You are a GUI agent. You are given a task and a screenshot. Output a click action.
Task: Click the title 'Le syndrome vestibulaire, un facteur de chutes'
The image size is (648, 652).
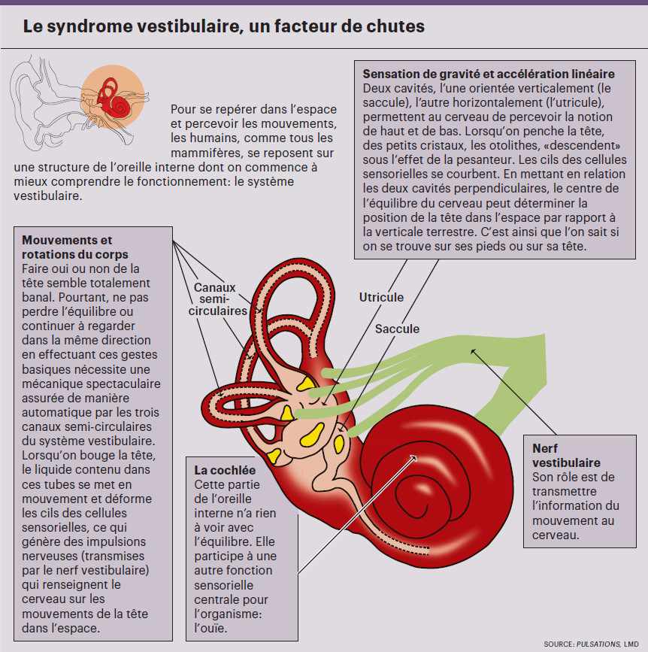tap(223, 27)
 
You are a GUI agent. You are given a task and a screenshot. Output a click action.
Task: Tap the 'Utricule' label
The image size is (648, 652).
tap(381, 297)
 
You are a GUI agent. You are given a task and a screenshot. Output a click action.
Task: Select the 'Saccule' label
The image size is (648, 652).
tap(397, 329)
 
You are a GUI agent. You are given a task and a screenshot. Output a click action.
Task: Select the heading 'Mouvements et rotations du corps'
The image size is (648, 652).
tap(68, 247)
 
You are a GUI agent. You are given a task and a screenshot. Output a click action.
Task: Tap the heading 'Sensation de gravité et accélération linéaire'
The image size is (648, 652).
tap(489, 74)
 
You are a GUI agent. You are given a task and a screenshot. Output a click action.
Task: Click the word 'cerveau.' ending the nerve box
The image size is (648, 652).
tap(556, 535)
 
